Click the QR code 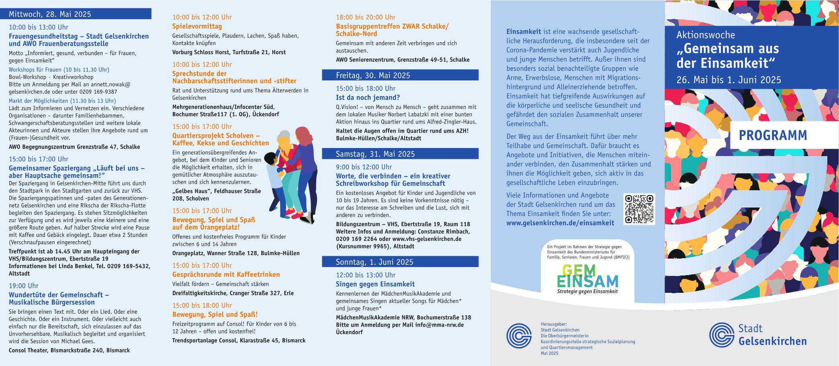click(x=639, y=209)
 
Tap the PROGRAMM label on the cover click(x=773, y=136)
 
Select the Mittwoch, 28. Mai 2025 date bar click(x=80, y=14)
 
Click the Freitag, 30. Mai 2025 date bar click(x=400, y=75)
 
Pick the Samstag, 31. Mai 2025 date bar click(x=400, y=154)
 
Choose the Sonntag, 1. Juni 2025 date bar click(x=400, y=262)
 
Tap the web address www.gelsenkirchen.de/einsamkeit click(x=560, y=223)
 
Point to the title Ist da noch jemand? click(x=368, y=98)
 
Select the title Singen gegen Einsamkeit click(x=375, y=284)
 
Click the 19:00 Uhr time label click(x=24, y=286)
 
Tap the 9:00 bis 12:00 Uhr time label click(x=364, y=167)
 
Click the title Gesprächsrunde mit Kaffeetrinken click(x=226, y=275)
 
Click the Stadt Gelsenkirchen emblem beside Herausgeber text click(x=519, y=335)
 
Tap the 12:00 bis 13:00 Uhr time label click(x=366, y=275)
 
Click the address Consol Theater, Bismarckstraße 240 click(x=69, y=350)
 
